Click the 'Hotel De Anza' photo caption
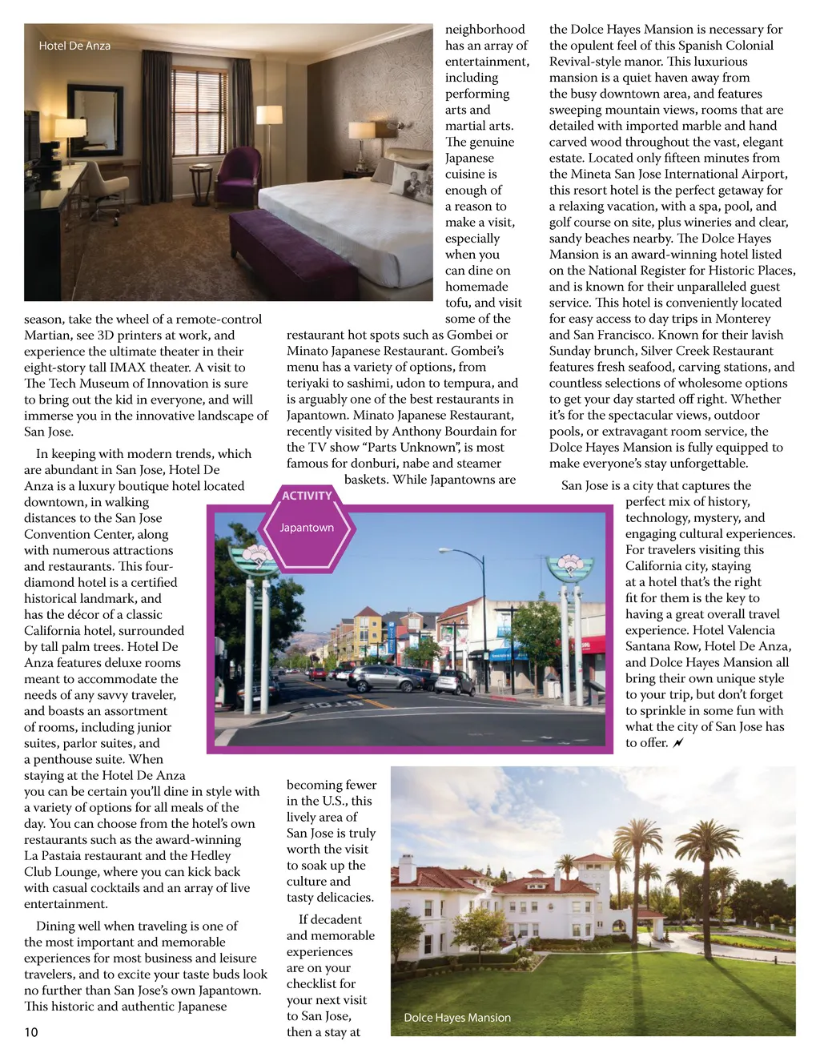coord(74,46)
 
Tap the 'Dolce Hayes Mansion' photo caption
coord(456,1018)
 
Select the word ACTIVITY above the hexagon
coord(307,496)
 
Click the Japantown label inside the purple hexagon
coord(307,528)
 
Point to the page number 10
coord(31,1032)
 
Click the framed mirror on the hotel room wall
coord(94,120)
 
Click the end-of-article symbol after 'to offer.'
coord(679,743)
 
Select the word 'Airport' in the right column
coord(760,174)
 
